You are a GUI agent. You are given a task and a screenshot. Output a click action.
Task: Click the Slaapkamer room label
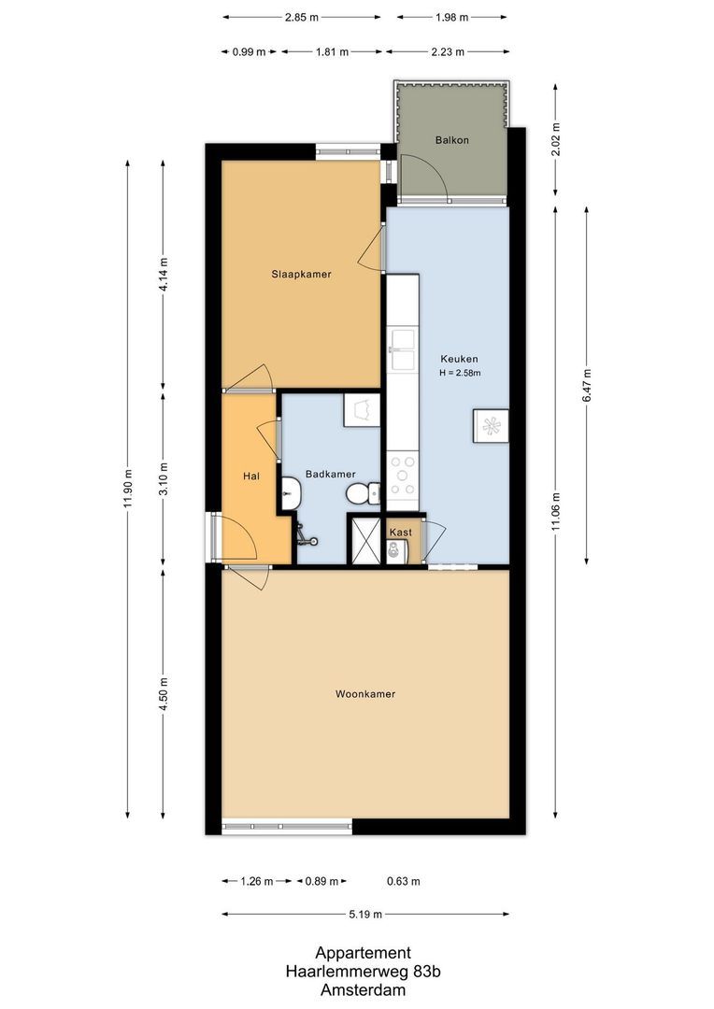(301, 274)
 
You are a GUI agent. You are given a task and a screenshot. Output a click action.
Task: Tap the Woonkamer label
(365, 693)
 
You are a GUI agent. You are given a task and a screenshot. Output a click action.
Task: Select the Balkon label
(452, 139)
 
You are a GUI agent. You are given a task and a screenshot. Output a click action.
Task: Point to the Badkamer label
(330, 475)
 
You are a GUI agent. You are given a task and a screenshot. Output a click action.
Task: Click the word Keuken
(459, 359)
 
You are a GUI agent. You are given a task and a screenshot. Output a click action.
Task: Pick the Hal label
(251, 476)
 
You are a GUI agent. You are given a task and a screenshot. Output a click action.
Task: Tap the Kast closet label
(401, 533)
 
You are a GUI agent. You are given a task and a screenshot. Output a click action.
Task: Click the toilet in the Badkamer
(363, 493)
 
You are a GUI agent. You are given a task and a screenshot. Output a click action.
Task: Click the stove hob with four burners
(403, 476)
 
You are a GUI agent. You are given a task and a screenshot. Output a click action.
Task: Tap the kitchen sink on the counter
(403, 349)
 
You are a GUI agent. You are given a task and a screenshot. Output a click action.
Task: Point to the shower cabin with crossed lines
(365, 539)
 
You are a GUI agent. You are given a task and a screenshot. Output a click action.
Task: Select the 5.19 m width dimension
(365, 914)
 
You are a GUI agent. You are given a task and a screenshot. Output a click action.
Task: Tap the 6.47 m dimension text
(586, 386)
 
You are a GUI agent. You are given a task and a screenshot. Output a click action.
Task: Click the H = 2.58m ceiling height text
(461, 373)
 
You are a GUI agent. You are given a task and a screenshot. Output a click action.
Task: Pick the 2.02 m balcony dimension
(556, 139)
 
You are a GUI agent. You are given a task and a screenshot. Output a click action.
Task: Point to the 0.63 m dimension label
(404, 881)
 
